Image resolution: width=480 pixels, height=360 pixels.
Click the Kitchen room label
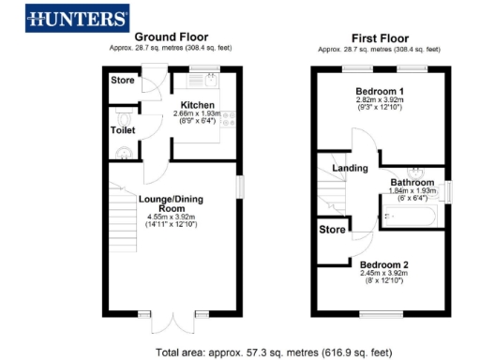198,105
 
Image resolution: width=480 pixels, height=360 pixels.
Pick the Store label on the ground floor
123,81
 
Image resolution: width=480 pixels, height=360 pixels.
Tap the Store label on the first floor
332,229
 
